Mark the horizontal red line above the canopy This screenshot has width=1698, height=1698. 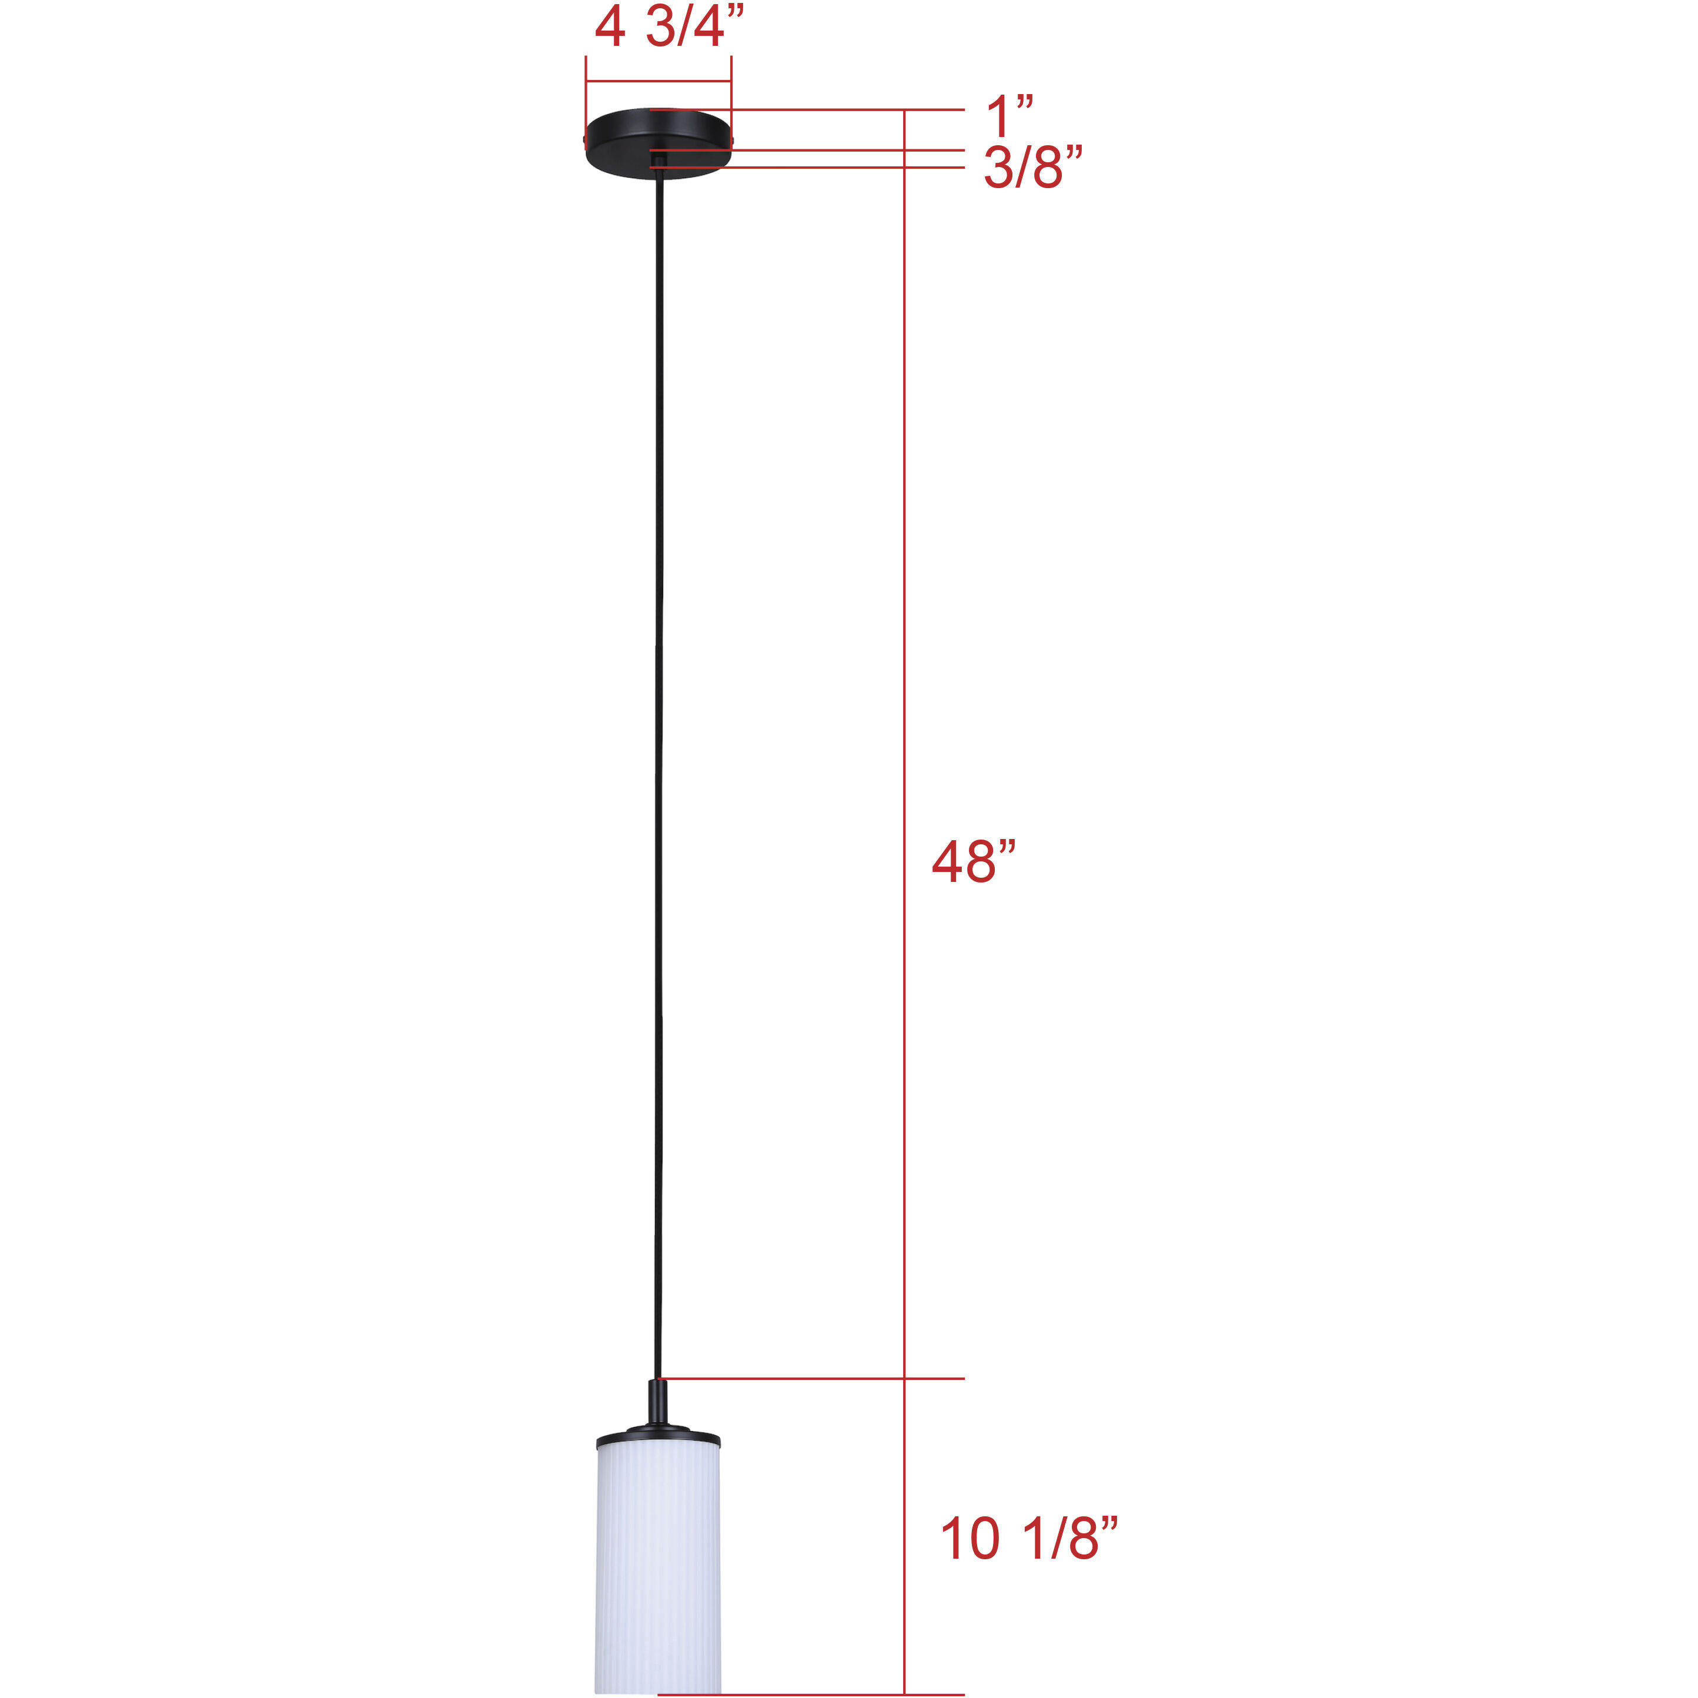(x=659, y=82)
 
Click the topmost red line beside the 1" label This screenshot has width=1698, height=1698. (x=808, y=110)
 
